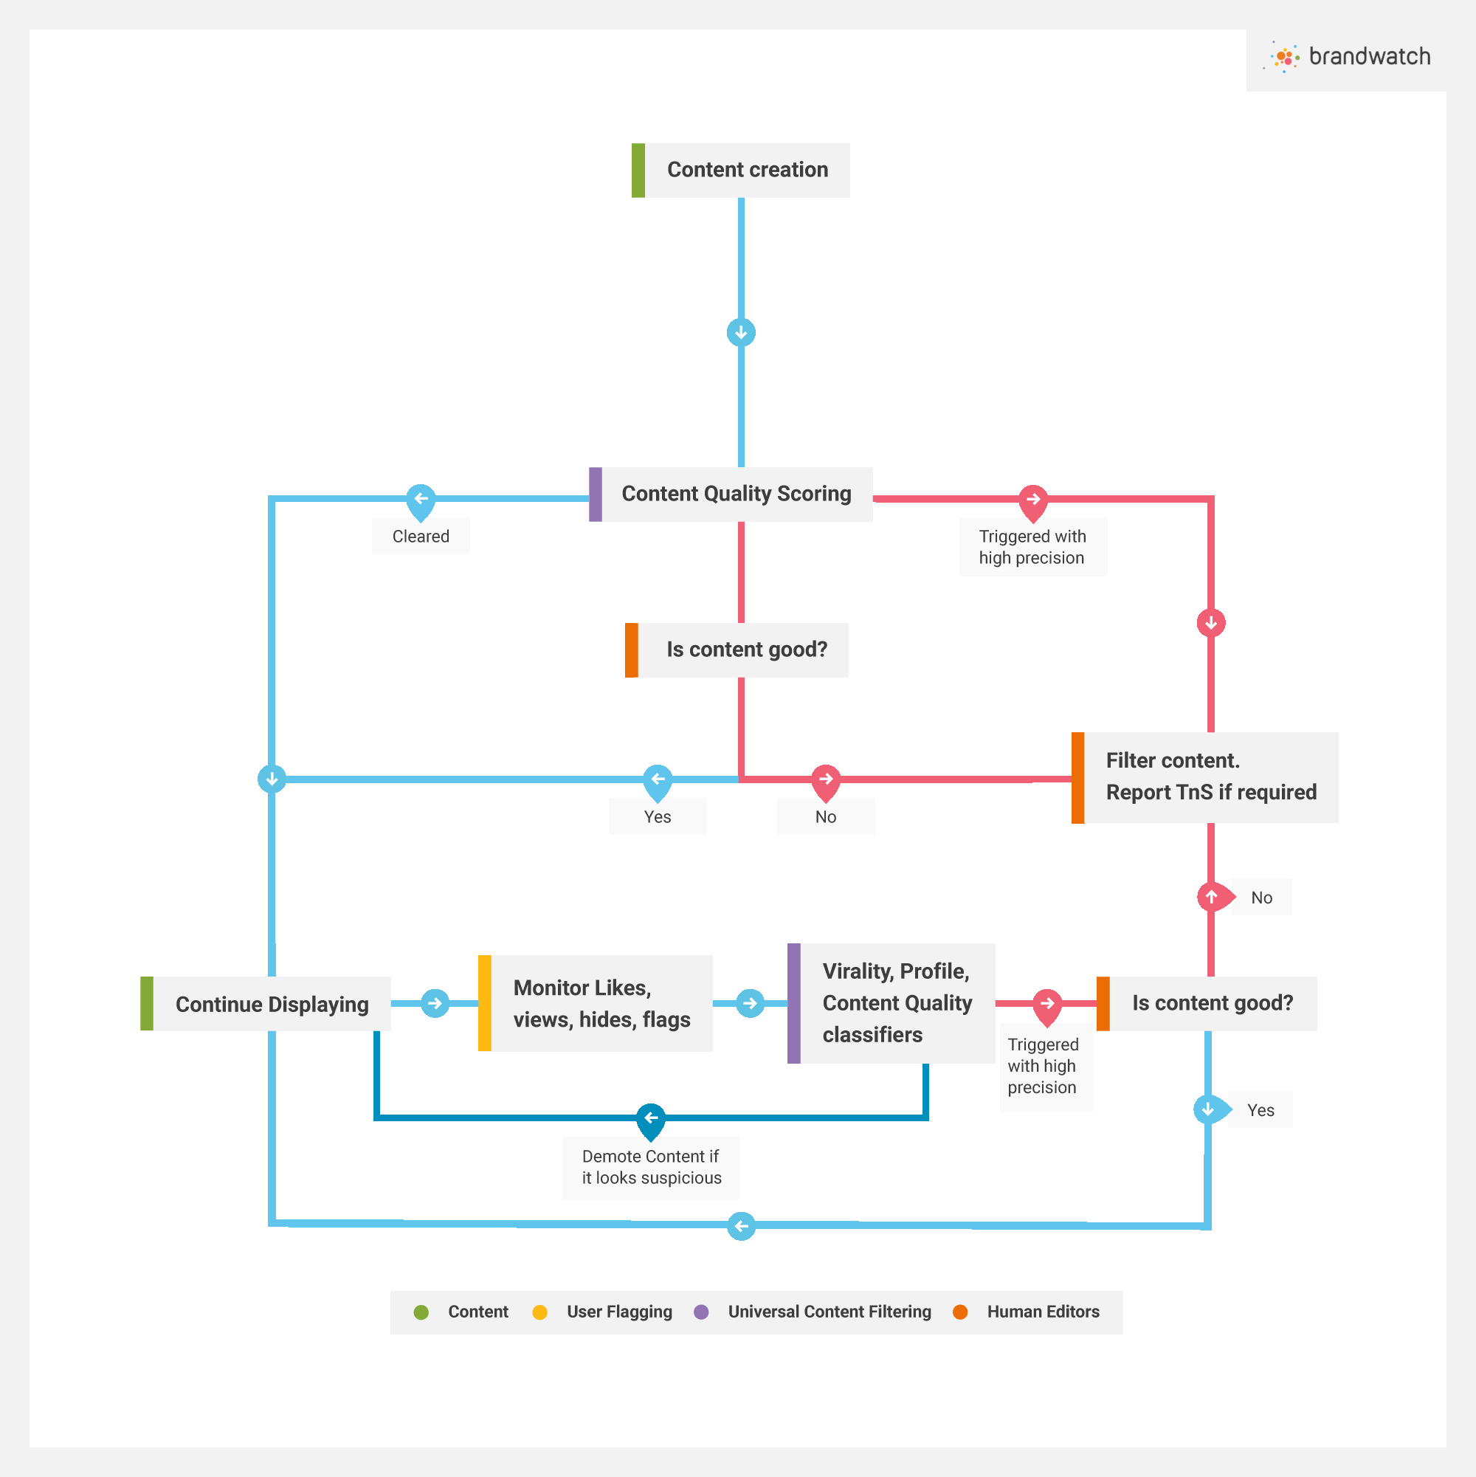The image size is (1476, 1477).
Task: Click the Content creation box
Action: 740,170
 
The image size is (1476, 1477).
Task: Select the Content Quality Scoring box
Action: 731,494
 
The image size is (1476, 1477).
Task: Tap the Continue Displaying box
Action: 265,1003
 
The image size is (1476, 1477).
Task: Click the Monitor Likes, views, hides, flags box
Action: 596,1003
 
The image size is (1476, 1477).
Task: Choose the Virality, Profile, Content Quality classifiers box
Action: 892,1003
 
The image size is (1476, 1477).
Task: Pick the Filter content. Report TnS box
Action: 1204,777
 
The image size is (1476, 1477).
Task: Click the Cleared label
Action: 421,536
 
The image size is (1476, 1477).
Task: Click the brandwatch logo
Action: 1349,58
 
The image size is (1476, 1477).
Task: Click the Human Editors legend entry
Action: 1027,1312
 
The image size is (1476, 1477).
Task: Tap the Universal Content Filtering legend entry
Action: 813,1312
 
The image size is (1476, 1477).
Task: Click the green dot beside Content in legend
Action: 421,1312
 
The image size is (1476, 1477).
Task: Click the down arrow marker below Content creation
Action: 741,333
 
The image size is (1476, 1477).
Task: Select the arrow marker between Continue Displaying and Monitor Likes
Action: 435,1003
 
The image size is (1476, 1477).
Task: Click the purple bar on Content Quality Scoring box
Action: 596,494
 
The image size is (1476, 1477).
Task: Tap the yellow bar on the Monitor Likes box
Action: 485,1003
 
